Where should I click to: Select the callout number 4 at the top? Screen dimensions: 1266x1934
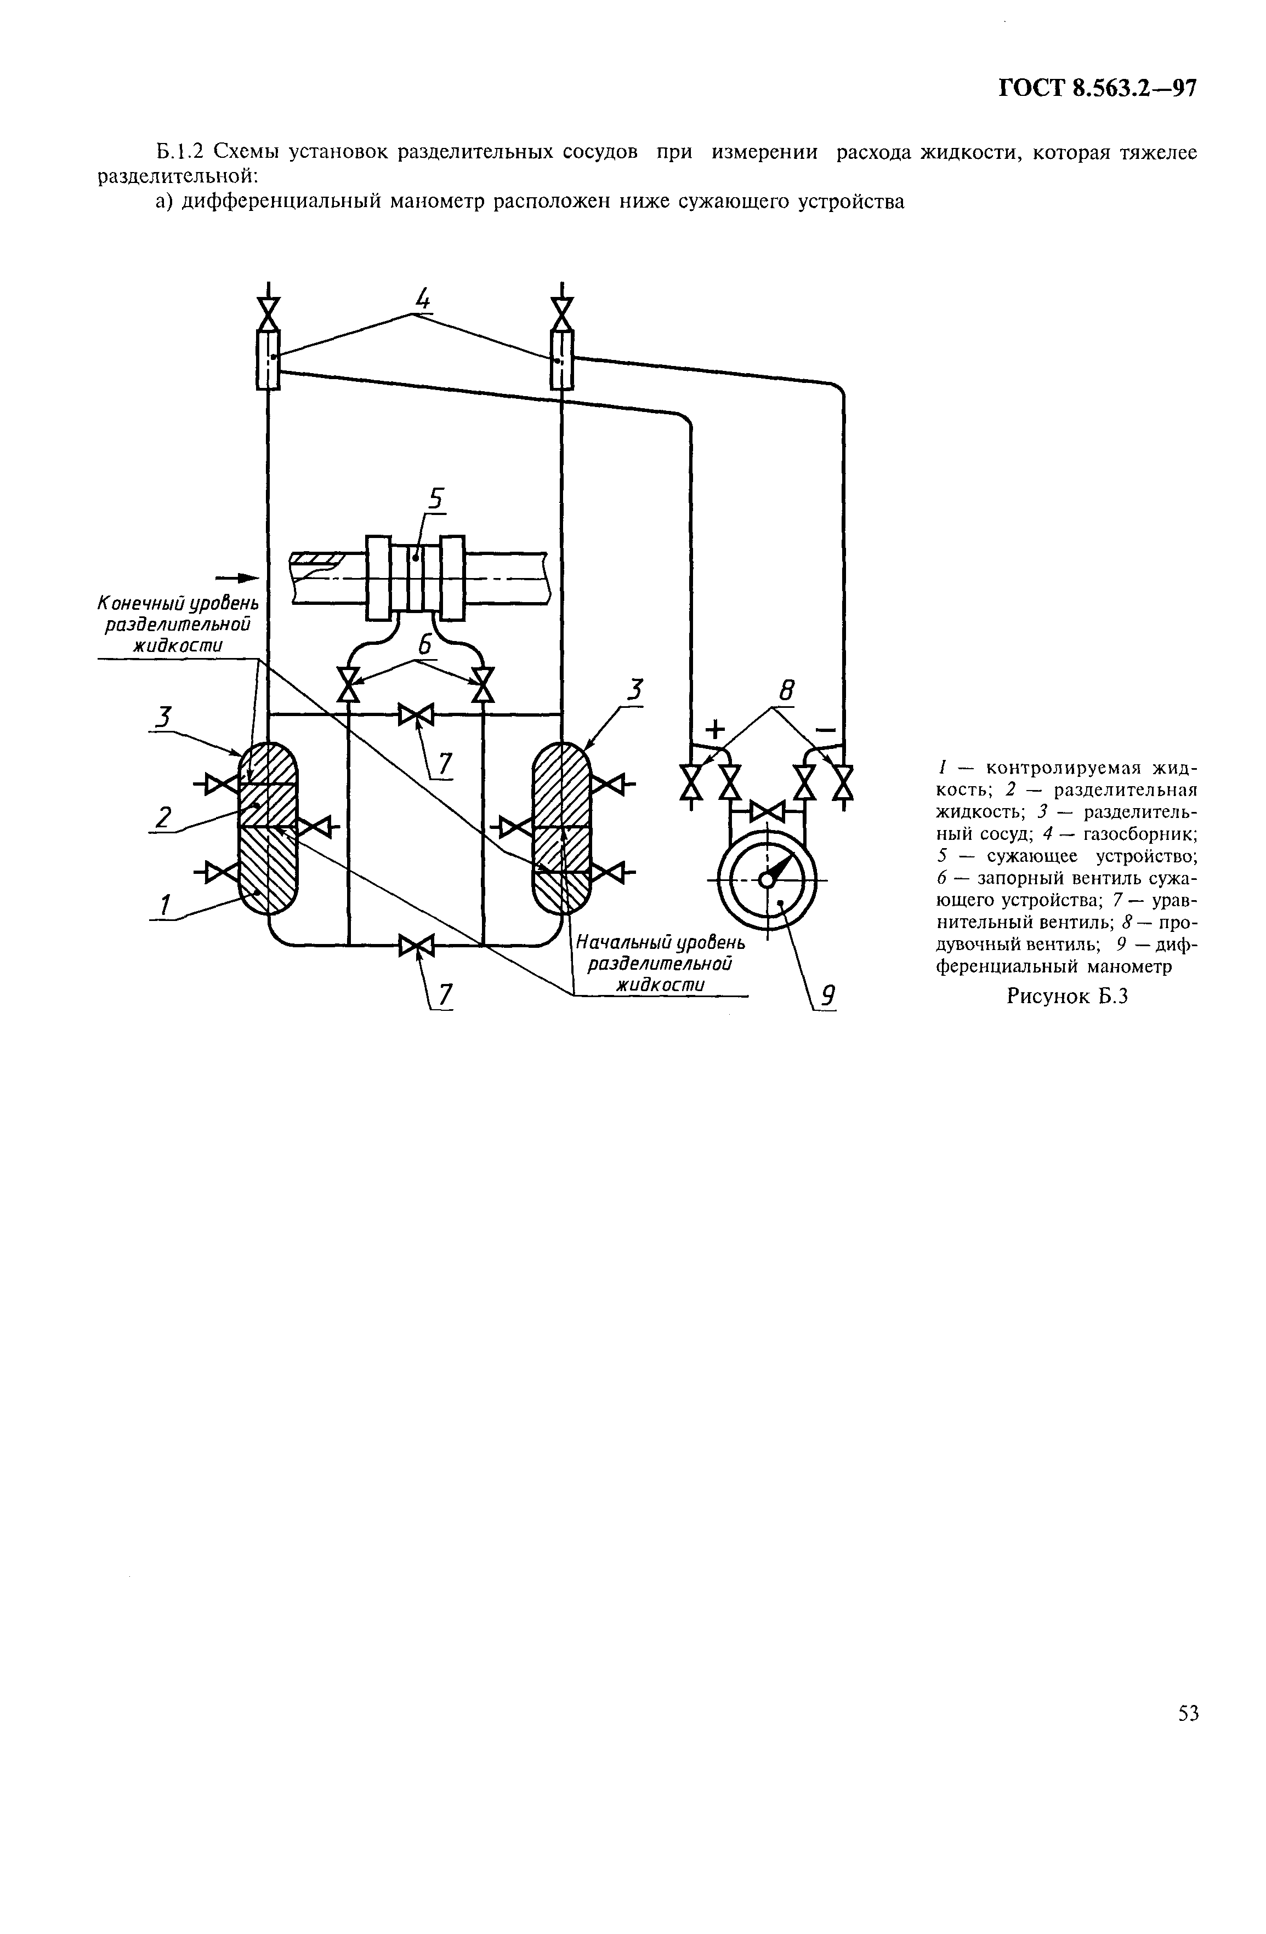423,301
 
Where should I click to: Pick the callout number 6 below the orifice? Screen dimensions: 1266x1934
424,644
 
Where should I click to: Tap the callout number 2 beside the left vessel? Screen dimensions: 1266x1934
164,817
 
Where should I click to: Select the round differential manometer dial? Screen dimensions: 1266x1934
767,880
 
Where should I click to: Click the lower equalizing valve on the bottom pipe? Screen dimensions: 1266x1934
416,945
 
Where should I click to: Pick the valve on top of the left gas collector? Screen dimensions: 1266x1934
268,313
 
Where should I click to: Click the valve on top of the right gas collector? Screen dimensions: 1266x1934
562,313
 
